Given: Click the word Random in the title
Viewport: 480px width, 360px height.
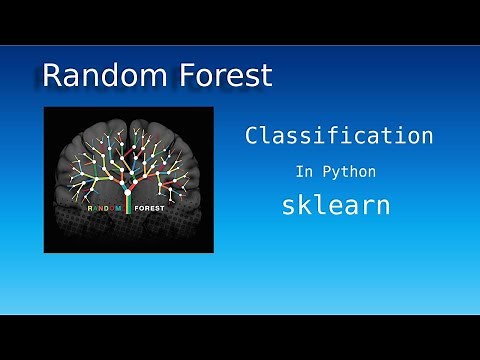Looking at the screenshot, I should (96, 75).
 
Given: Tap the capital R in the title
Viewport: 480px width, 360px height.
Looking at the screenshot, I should (54, 75).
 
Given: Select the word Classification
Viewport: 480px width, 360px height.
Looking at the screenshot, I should (339, 136).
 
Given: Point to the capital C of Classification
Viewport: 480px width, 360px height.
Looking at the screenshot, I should (253, 136).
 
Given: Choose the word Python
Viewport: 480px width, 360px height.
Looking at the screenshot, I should (350, 171).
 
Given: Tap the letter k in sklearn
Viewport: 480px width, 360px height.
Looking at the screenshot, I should (304, 205).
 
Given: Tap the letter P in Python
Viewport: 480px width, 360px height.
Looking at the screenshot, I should (328, 171).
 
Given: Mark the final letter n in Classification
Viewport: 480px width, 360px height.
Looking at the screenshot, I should (426, 136).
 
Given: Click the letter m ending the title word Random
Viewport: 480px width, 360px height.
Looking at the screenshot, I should (147, 76).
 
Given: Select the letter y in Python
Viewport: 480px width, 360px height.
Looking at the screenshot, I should (337, 173).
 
